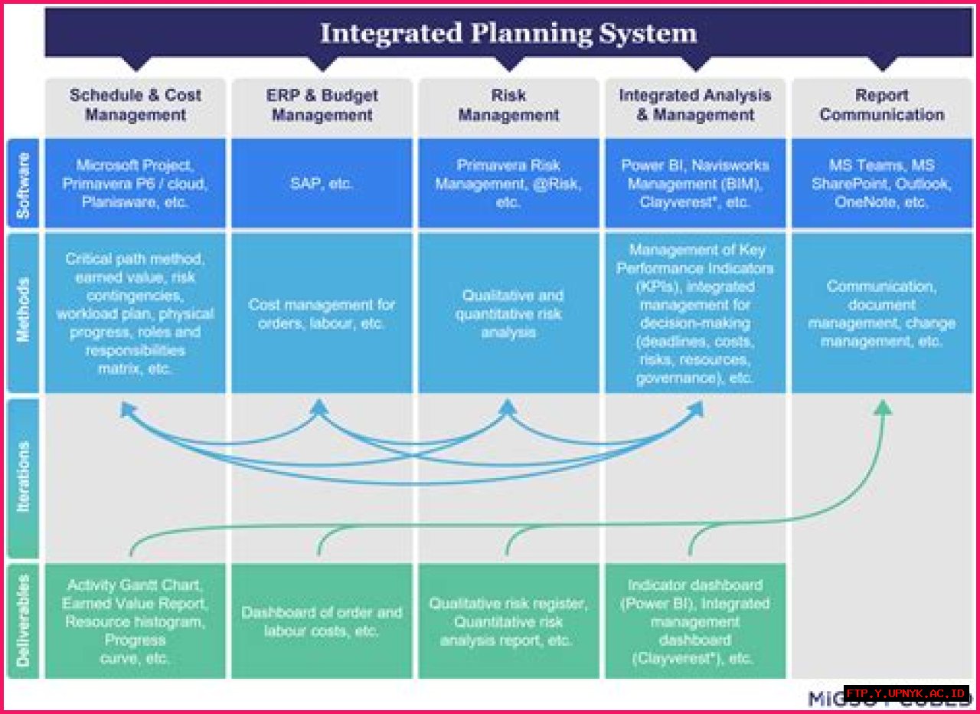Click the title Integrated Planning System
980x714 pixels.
tap(508, 33)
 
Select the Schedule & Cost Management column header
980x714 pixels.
tap(136, 105)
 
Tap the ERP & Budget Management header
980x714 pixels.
tap(322, 105)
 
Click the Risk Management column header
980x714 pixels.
tap(508, 105)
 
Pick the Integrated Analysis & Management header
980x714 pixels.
tap(695, 105)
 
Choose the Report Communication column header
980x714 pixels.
tap(881, 105)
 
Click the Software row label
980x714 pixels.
tap(23, 184)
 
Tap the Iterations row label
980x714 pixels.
tap(23, 477)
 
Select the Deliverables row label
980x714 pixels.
tap(23, 621)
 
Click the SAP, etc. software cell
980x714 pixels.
tap(322, 184)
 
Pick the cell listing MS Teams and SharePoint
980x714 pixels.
tap(881, 184)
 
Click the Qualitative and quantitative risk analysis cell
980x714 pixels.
tap(508, 313)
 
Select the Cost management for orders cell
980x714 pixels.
tap(322, 313)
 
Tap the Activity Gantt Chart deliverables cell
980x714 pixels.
tap(136, 621)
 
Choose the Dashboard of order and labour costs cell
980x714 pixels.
tap(322, 621)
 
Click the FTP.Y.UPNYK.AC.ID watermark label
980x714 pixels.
tap(906, 693)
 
